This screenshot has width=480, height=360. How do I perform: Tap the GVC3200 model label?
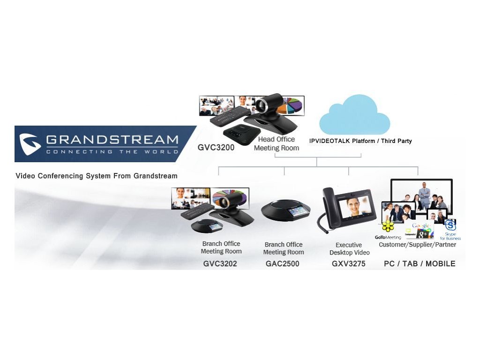coord(216,147)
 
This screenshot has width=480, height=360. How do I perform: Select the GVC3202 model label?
coord(220,264)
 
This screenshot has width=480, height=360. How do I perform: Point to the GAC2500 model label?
coord(282,264)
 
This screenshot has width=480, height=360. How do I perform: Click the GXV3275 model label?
coord(348,264)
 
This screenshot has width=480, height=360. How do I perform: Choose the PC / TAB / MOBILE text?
coord(420,264)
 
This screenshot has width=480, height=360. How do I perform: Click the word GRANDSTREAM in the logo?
coord(112,140)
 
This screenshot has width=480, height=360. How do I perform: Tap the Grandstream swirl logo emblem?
coord(30,144)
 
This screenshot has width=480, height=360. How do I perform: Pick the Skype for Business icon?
coord(450,225)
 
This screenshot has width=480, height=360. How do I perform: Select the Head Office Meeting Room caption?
coord(277,143)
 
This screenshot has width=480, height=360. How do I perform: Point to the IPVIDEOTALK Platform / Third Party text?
coord(360,141)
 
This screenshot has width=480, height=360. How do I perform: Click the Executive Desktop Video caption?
coord(349,248)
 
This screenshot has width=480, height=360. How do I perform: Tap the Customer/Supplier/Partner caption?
coord(417,245)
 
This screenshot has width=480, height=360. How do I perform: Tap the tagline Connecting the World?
coord(112,151)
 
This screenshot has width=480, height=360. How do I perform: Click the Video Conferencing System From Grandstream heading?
coord(97,176)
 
